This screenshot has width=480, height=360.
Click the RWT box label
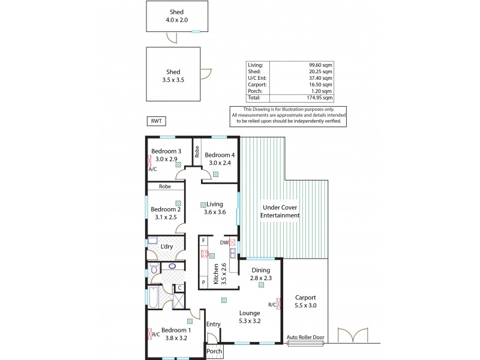156,121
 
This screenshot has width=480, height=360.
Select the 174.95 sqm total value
319,97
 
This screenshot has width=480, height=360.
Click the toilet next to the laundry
153,271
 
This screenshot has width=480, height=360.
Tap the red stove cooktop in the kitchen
205,254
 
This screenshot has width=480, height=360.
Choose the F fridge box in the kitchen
205,241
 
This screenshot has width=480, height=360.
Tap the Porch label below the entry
214,351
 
